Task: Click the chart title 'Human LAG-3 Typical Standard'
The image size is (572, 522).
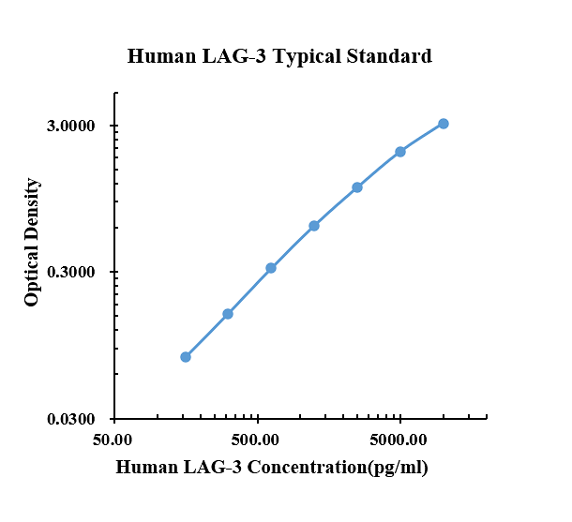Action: (279, 57)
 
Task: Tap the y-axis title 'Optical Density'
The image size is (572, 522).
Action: (31, 243)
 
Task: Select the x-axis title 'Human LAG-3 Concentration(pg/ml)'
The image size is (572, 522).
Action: (272, 468)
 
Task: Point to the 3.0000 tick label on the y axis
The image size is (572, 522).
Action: (70, 126)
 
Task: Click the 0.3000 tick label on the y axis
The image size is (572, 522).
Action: (70, 272)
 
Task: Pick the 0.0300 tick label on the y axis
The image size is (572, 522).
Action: (70, 419)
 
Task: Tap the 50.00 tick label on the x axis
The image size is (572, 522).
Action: (113, 440)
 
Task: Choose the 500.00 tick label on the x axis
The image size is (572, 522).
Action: (255, 440)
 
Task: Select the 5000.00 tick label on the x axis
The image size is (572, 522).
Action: (398, 440)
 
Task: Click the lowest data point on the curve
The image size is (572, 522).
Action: (186, 357)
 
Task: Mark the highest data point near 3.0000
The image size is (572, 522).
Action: (444, 124)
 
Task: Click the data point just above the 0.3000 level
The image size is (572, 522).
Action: (271, 268)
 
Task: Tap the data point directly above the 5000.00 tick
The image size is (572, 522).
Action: (400, 152)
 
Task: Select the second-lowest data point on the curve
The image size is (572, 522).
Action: (228, 314)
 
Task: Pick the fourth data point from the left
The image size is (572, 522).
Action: (314, 226)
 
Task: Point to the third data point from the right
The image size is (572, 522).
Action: (357, 187)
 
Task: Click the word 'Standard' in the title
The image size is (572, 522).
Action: (389, 56)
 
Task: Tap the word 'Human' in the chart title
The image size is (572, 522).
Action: (161, 56)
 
